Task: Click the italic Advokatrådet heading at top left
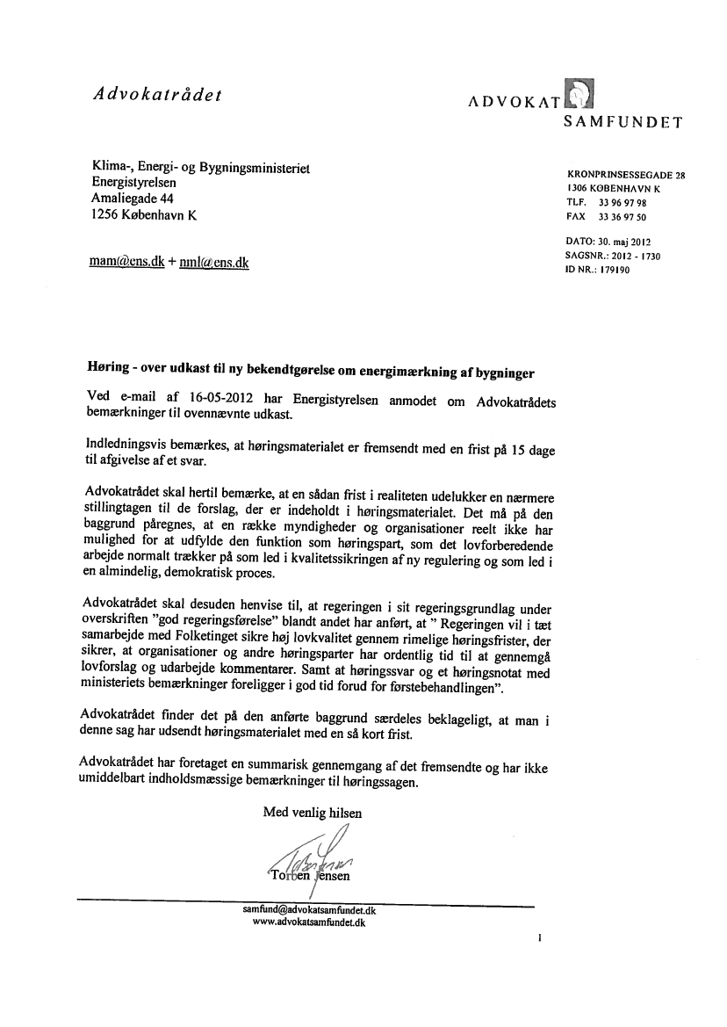click(x=155, y=95)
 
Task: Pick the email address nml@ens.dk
click(x=214, y=262)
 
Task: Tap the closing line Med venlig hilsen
click(x=313, y=813)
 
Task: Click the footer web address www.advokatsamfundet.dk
click(x=309, y=923)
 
